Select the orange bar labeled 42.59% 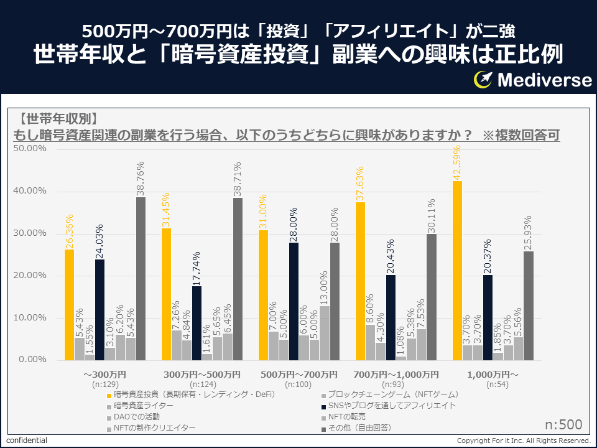point(457,271)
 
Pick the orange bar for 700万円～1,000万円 point(360,281)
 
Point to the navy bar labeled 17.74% point(197,323)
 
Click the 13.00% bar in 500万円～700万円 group point(324,333)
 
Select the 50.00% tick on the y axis point(30,149)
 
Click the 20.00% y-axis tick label point(30,276)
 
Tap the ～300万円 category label point(104,375)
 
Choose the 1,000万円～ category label point(493,375)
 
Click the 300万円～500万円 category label point(201,375)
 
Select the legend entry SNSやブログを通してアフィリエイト point(391,406)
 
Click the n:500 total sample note point(563,425)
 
